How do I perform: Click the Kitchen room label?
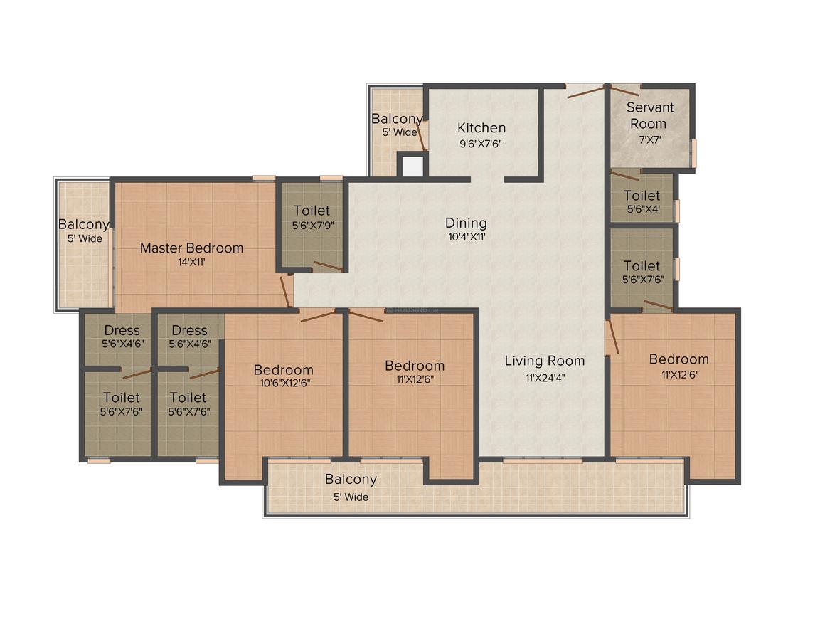pos(481,128)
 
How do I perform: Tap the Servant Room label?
pos(649,116)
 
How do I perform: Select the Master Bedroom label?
pos(191,248)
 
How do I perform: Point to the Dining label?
pos(466,223)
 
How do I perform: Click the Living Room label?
pos(545,361)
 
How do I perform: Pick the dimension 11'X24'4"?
pos(545,378)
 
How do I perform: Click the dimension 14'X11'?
pos(191,262)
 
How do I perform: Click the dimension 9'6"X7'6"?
pos(481,144)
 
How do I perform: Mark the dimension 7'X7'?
pos(650,140)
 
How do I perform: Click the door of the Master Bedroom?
pos(287,292)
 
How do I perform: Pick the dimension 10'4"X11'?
pos(467,238)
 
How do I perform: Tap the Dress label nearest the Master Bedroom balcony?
pos(122,331)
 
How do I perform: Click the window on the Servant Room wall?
pos(694,153)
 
